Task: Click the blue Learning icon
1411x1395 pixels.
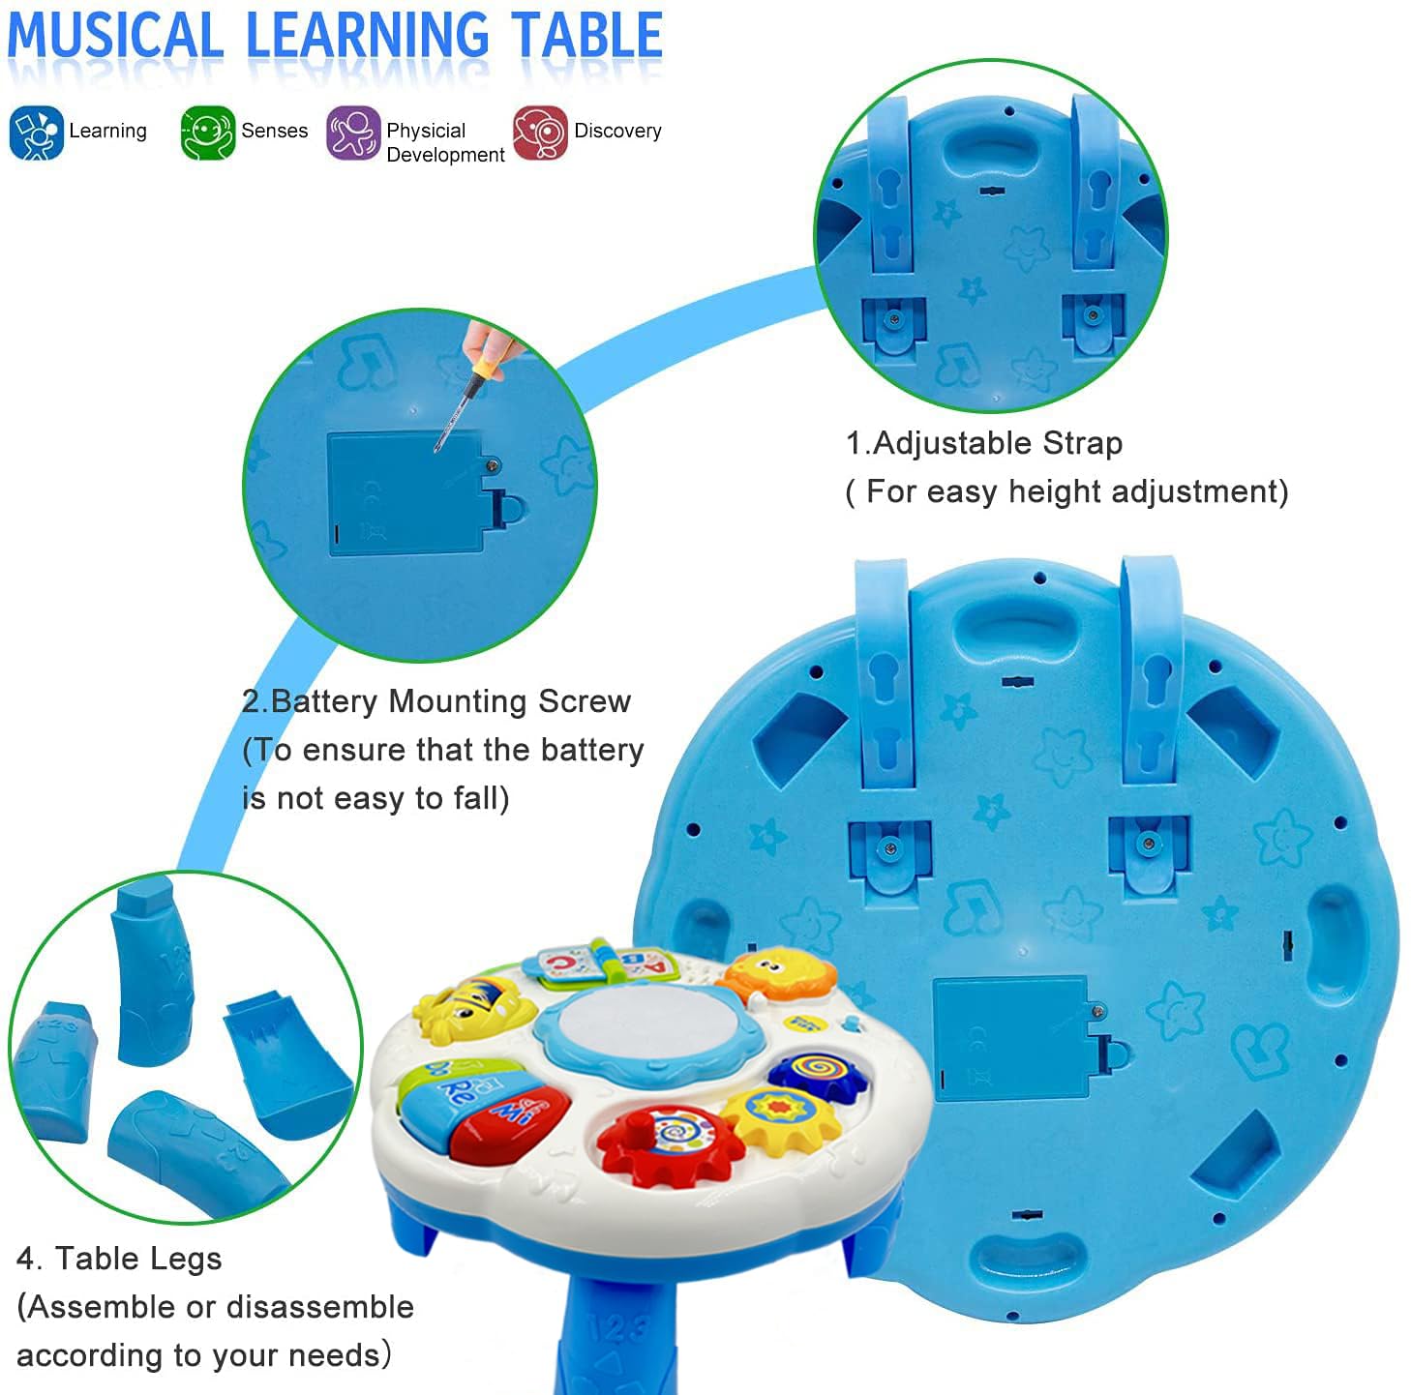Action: coord(36,133)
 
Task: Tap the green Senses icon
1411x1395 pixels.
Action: coord(207,133)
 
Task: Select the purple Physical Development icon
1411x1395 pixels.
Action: coord(353,133)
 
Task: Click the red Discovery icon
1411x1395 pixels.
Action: coord(540,133)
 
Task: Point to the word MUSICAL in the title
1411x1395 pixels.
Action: coord(116,37)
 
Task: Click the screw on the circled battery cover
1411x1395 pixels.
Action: coord(493,466)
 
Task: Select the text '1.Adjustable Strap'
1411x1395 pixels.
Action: coord(984,443)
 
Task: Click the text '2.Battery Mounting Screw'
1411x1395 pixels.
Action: coord(436,701)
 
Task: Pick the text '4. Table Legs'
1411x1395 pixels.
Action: coord(119,1259)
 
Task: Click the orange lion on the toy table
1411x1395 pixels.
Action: coord(780,973)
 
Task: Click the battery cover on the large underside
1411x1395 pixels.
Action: coord(1012,1038)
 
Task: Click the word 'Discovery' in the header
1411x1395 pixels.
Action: coord(617,131)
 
